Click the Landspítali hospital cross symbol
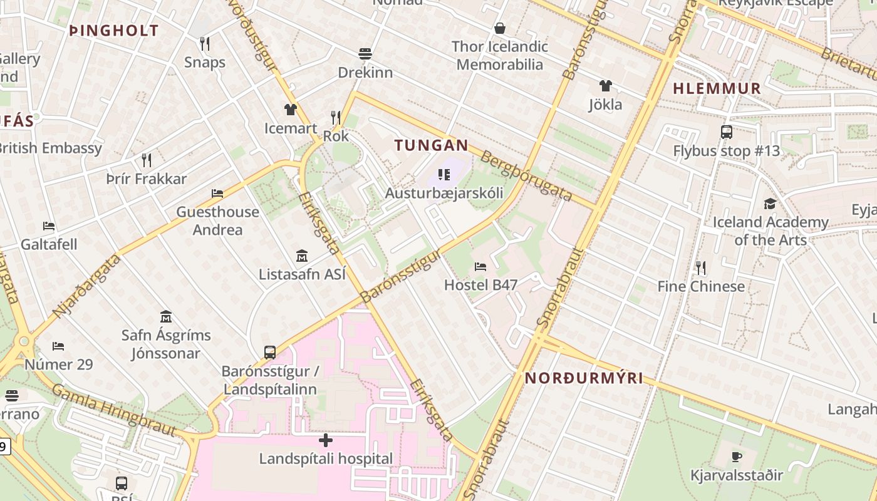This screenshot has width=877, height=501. [x=326, y=440]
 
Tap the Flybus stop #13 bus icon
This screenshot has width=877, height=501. [x=727, y=132]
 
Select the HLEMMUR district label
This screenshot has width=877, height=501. [x=717, y=88]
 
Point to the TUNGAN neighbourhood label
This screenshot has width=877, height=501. [x=431, y=146]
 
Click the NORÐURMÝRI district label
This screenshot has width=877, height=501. [x=584, y=378]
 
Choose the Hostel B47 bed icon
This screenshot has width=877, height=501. [x=480, y=267]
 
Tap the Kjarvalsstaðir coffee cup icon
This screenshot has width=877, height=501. [x=737, y=457]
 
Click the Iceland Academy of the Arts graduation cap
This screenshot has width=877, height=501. [x=770, y=204]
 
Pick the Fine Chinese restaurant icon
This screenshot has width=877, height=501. [x=701, y=268]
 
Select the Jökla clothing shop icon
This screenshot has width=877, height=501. [x=605, y=86]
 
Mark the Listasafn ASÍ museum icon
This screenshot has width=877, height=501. [x=302, y=256]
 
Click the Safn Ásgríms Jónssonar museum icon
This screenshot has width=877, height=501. [x=166, y=316]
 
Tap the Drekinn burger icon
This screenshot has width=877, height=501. [x=365, y=54]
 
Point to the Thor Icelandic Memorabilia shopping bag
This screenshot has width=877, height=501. [x=500, y=28]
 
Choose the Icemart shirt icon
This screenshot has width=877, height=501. [x=290, y=110]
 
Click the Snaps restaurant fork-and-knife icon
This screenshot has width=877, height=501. [x=204, y=43]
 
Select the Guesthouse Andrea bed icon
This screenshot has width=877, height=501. [x=217, y=194]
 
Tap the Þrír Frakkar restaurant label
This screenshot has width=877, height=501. [x=147, y=179]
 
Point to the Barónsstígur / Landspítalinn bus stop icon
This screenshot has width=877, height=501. [x=270, y=352]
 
